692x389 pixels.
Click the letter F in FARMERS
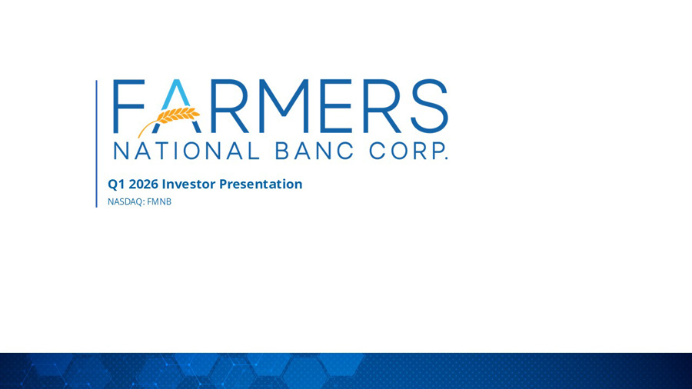[x=128, y=106]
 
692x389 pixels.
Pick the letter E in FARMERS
[x=336, y=106]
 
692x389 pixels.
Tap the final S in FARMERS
[x=429, y=106]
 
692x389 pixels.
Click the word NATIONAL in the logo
[x=186, y=151]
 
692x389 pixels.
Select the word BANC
[x=314, y=151]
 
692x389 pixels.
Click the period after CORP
[x=446, y=158]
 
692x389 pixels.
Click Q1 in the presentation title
[x=117, y=185]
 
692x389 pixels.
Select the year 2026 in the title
[x=144, y=184]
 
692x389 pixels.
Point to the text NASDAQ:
[x=126, y=202]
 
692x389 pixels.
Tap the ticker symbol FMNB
[x=159, y=201]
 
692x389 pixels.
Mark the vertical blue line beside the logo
[x=97, y=144]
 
